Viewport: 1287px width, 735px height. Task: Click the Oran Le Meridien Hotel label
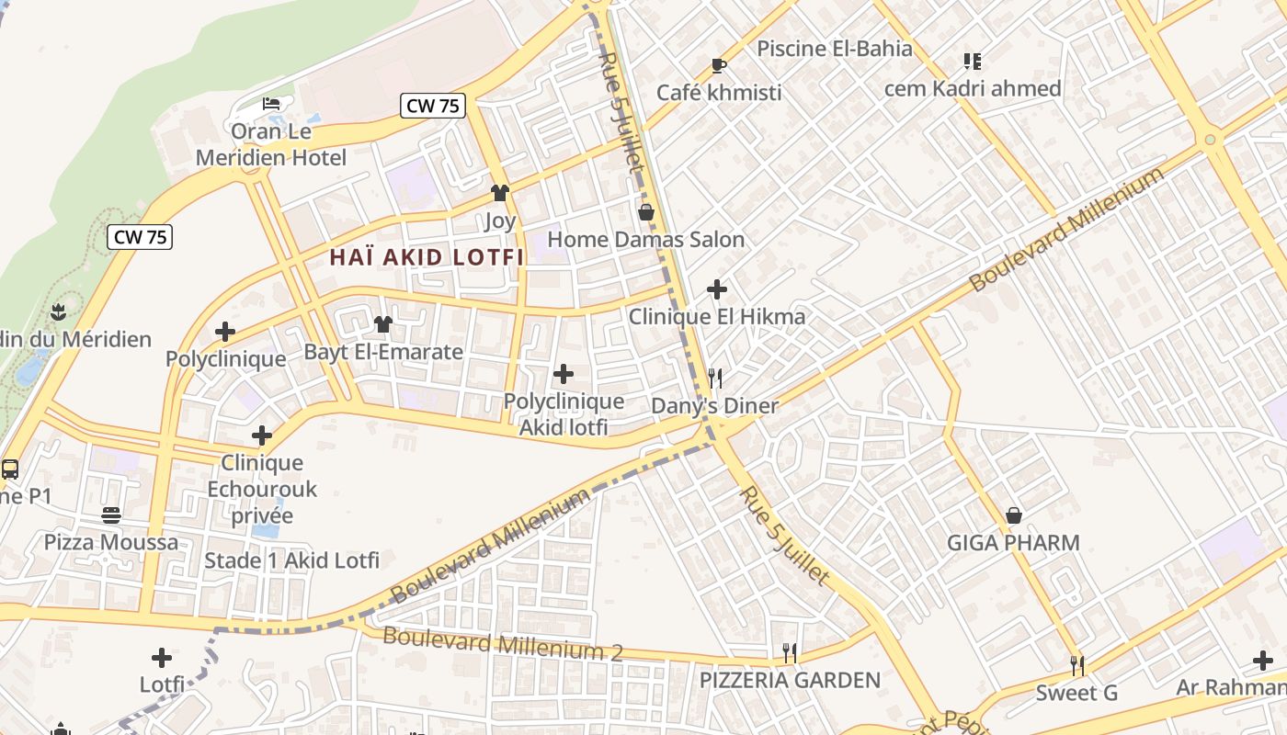tap(271, 144)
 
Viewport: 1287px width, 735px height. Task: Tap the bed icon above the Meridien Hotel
tap(271, 103)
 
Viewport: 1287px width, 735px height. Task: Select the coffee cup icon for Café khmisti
tap(719, 65)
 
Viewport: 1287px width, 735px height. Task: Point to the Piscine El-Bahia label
tap(834, 49)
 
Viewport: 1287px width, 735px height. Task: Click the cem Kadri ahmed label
tap(973, 88)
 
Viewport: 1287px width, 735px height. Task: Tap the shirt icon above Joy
tap(500, 193)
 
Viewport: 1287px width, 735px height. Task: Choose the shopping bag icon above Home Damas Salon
tap(646, 212)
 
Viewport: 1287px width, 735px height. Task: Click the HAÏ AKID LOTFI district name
tap(427, 258)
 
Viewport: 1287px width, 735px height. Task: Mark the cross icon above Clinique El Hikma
tap(717, 289)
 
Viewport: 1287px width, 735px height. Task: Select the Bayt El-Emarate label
tap(383, 352)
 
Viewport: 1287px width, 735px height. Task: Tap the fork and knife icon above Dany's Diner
tap(715, 378)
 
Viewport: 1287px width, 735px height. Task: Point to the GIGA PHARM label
tap(1013, 543)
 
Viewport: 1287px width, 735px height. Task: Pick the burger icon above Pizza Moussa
tap(111, 514)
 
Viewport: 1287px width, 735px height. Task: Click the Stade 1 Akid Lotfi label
tap(291, 560)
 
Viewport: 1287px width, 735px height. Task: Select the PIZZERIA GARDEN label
tap(790, 681)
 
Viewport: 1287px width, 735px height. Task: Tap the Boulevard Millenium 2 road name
tap(502, 643)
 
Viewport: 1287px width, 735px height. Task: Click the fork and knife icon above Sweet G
tap(1077, 664)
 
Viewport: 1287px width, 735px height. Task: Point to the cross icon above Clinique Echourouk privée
tap(262, 435)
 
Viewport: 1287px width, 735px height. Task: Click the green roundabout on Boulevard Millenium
tap(1210, 140)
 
